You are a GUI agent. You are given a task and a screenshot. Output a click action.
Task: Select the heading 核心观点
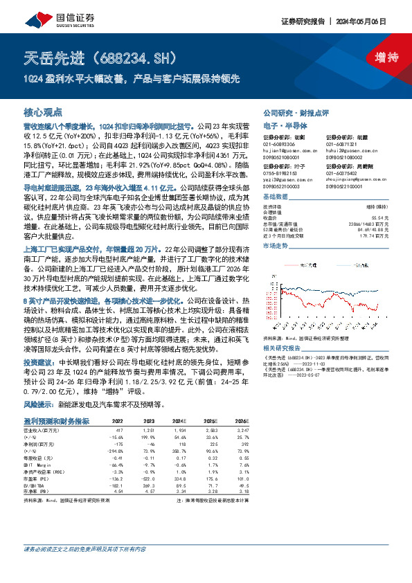coord(43,111)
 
